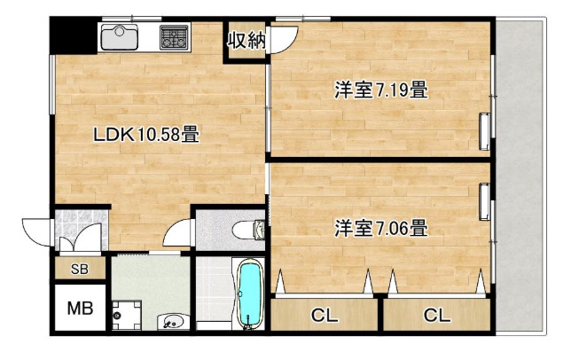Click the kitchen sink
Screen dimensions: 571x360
coord(119,36)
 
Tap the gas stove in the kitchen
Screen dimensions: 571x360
coord(175,36)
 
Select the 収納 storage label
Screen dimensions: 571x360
coord(246,40)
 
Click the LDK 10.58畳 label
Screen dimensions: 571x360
coord(146,134)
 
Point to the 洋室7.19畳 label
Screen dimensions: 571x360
coord(381,90)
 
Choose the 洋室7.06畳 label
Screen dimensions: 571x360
coord(381,228)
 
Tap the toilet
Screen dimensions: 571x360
coord(248,230)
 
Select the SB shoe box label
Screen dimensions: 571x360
coord(80,269)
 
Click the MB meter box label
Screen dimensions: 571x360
coord(80,309)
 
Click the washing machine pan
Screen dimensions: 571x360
coord(127,316)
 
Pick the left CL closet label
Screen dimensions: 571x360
coord(325,316)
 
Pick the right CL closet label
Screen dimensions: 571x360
coord(436,316)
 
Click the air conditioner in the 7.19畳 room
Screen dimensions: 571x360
coord(484,132)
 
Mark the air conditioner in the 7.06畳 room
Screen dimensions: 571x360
coord(484,202)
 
